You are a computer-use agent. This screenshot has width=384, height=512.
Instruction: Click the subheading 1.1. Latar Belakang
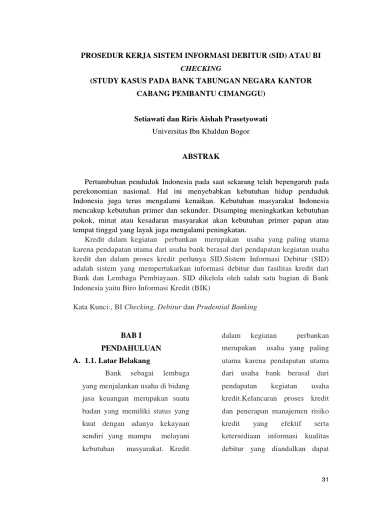115,360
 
